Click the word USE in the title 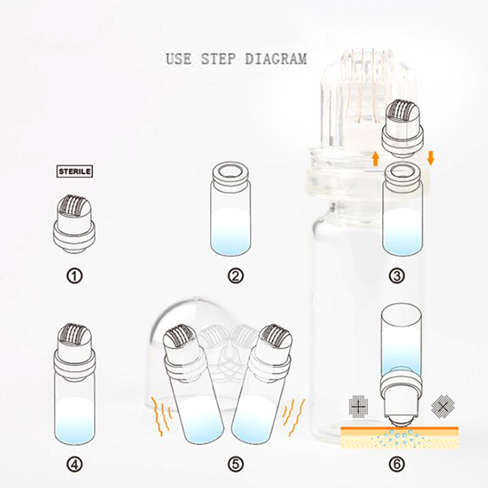(x=179, y=59)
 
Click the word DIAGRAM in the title (x=276, y=59)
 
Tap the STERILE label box (x=74, y=171)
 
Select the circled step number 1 (x=74, y=276)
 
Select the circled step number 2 (x=235, y=276)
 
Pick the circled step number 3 (x=397, y=276)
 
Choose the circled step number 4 (x=74, y=465)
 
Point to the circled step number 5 (x=235, y=465)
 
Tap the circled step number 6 (x=397, y=465)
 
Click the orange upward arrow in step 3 (x=376, y=159)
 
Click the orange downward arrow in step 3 (x=431, y=158)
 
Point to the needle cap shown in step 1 (x=74, y=223)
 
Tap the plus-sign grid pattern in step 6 (x=358, y=406)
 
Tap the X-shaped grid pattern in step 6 (x=443, y=406)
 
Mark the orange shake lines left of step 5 (x=161, y=416)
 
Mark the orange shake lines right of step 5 (x=293, y=416)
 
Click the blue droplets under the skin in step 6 (x=400, y=438)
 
